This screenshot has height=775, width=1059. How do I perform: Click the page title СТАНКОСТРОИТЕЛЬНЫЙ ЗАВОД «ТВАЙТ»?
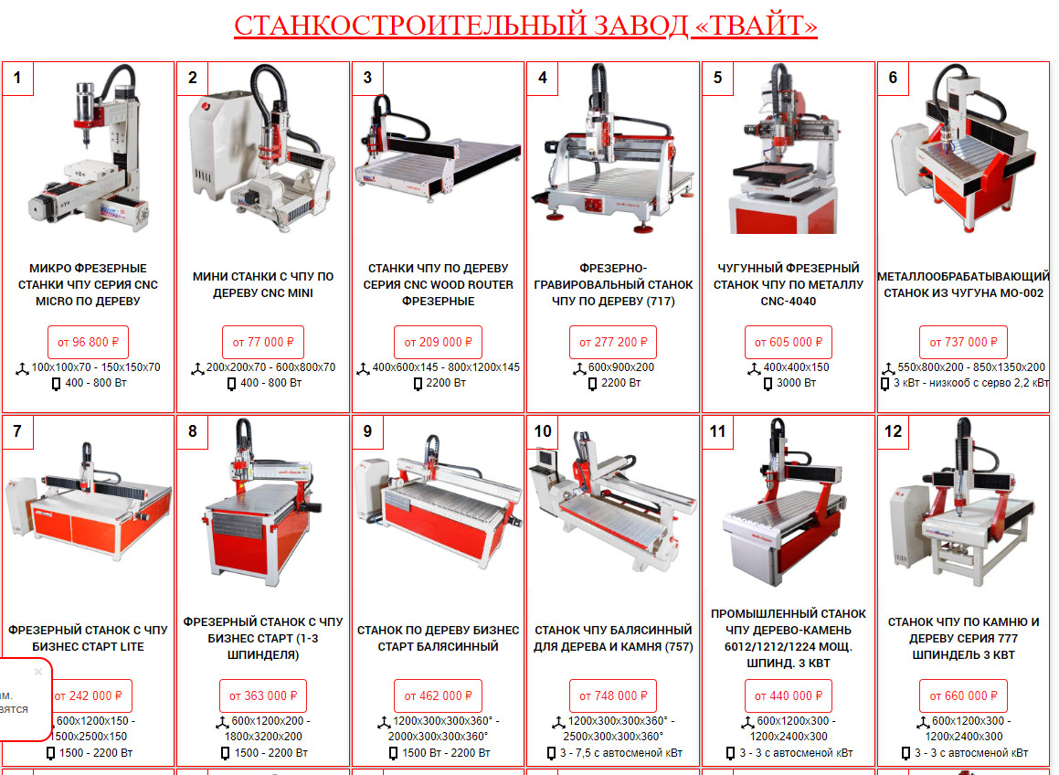(525, 26)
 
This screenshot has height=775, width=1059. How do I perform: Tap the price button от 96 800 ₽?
(88, 342)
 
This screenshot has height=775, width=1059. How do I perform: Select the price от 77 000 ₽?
(263, 342)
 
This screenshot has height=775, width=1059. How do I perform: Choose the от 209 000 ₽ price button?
(438, 342)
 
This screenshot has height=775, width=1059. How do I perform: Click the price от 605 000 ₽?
(789, 342)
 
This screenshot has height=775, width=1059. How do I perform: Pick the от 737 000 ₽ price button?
(963, 342)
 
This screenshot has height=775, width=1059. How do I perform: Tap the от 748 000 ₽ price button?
(613, 695)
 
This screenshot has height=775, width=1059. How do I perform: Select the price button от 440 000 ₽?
(789, 695)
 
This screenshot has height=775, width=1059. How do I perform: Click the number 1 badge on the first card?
(17, 78)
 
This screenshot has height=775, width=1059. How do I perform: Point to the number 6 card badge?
(893, 78)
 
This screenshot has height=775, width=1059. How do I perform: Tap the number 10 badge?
(543, 431)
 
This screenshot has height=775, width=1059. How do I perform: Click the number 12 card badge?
(893, 431)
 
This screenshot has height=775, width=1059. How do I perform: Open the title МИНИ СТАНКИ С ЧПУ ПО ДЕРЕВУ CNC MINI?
(263, 284)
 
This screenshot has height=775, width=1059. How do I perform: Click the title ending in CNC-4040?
(789, 284)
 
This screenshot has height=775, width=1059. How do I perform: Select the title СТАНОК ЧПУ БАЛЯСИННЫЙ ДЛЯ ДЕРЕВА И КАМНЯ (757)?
(613, 638)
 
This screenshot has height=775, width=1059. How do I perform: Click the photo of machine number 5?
(787, 149)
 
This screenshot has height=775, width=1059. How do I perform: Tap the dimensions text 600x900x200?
(620, 366)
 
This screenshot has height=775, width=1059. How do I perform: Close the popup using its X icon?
(37, 672)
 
